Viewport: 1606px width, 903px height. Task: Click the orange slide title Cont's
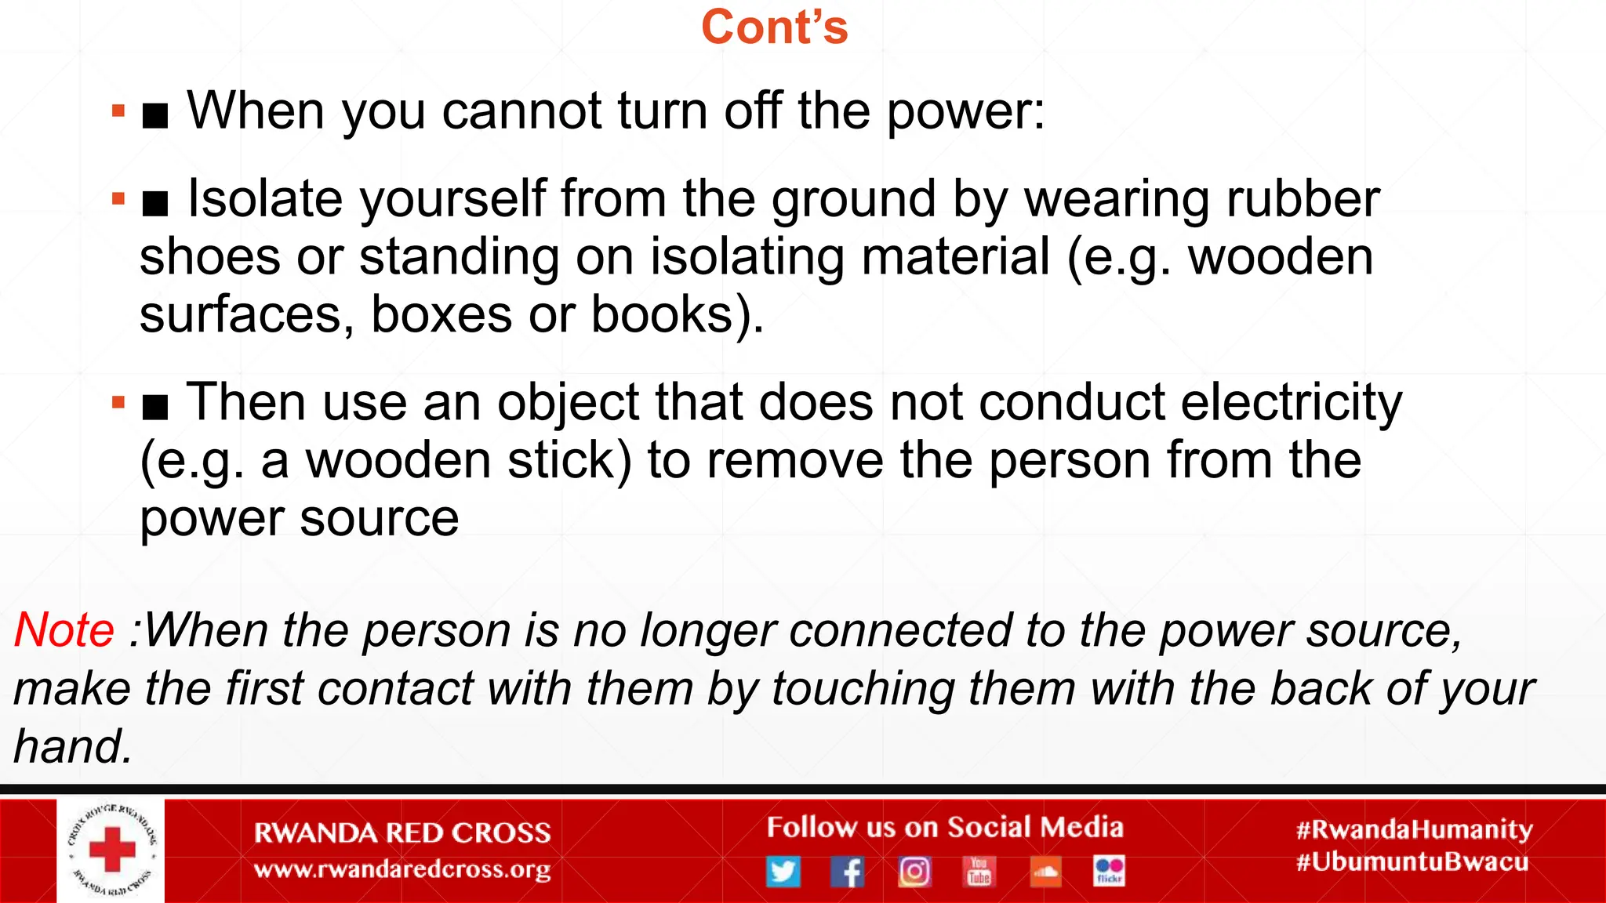pos(774,27)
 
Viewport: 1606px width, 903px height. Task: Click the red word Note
pos(64,630)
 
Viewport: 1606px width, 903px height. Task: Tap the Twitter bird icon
pos(783,871)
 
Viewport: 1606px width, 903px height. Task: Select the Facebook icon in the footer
pos(848,871)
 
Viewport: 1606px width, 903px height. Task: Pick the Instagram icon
pos(914,871)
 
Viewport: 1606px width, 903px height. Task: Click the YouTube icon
pos(979,871)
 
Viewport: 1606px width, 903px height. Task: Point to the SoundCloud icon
pos(1045,871)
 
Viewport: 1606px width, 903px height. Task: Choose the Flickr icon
pos(1110,871)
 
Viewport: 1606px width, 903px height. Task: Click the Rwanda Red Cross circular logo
pos(111,850)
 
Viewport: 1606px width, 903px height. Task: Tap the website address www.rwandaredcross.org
pos(402,869)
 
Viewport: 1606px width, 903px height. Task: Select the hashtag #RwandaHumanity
pos(1414,829)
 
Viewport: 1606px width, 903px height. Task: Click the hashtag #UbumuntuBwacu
pos(1412,862)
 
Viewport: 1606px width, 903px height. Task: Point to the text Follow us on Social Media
pos(945,827)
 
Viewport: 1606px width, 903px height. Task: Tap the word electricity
pos(1291,402)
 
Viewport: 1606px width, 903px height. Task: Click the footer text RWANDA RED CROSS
pos(402,832)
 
